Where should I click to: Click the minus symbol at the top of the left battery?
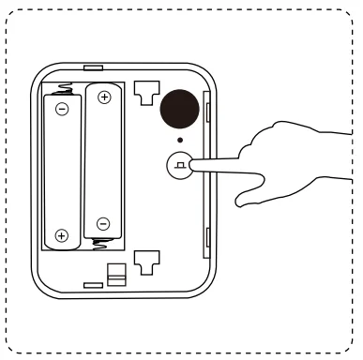point(62,109)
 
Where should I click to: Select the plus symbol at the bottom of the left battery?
point(62,235)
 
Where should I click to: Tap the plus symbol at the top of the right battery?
point(103,97)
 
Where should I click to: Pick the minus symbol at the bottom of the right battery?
point(103,223)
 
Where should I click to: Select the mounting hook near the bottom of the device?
point(144,263)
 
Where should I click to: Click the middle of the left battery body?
point(62,172)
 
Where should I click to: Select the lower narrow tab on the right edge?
point(206,238)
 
